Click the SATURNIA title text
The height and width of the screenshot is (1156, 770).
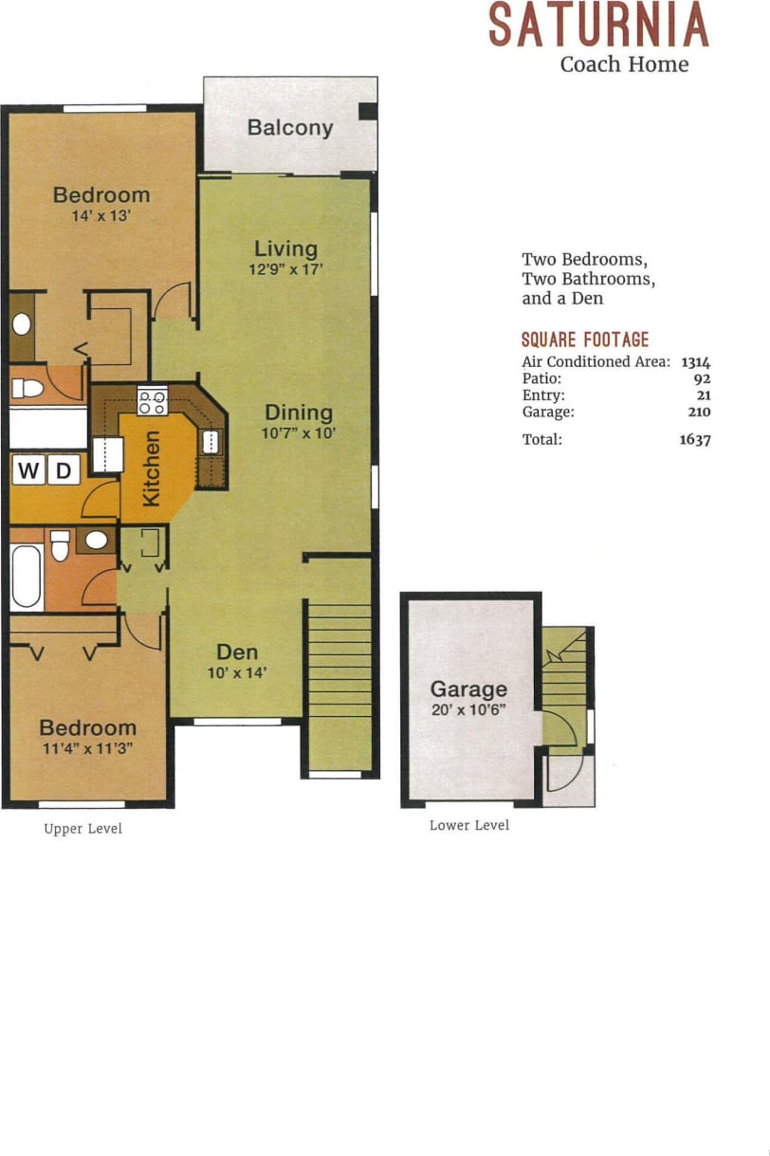coord(597,26)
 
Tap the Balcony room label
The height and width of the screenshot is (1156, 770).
coord(290,128)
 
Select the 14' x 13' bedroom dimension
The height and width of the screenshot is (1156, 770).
coord(101,215)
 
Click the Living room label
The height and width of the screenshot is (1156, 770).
coord(285,248)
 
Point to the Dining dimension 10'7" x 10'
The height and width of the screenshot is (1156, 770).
coord(299,432)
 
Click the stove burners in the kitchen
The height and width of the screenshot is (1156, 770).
coord(153,401)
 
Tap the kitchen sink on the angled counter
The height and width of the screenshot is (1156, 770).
coord(211,441)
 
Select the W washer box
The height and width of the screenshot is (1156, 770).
coord(27,470)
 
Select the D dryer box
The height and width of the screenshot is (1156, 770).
coord(63,470)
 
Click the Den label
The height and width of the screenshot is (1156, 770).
coord(237,652)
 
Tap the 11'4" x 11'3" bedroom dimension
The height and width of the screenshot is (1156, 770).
coord(87,747)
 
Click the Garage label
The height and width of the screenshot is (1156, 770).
coord(468,689)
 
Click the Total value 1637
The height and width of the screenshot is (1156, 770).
coord(695,439)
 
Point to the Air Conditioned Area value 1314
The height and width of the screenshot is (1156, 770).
coord(696,361)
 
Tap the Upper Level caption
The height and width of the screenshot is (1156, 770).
coord(82,829)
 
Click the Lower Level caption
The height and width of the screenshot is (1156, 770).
coord(469,825)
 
